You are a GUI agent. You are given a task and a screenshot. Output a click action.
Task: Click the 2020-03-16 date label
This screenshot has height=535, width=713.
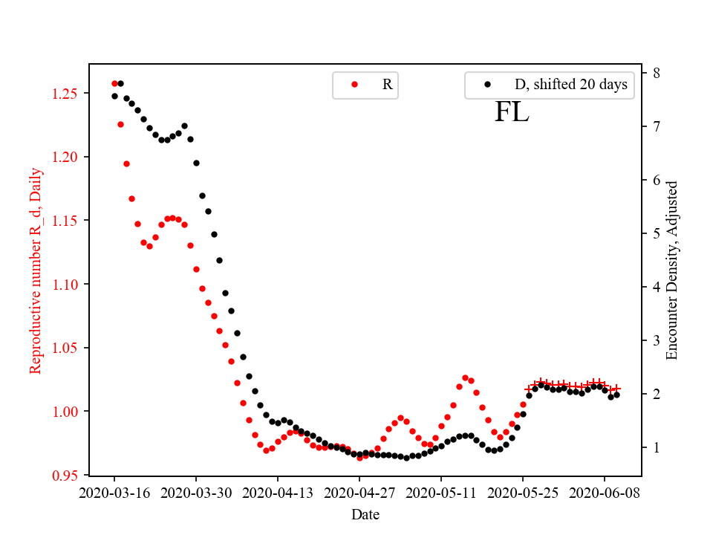(x=114, y=492)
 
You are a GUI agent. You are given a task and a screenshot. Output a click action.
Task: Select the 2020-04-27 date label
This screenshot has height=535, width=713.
(x=359, y=492)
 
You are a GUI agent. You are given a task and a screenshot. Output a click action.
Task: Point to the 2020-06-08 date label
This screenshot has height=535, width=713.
(x=604, y=492)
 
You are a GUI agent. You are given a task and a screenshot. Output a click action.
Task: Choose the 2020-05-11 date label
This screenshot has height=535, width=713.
(x=441, y=492)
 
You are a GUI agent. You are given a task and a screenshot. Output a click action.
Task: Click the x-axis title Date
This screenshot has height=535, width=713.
(x=365, y=513)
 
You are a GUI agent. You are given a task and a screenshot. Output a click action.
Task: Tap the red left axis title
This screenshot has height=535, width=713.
(x=36, y=270)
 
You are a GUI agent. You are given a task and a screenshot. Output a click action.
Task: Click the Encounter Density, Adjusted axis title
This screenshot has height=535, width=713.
(x=672, y=270)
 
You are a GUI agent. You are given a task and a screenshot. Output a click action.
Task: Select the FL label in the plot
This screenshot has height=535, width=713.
(x=512, y=112)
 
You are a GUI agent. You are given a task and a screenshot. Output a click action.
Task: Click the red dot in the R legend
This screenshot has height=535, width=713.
(x=354, y=85)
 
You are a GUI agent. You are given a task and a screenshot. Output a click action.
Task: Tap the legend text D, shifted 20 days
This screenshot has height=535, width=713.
(x=570, y=85)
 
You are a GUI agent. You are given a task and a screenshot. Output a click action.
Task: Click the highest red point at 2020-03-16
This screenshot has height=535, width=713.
(x=114, y=83)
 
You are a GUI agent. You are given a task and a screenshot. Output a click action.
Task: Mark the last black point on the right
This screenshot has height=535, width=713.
(x=616, y=395)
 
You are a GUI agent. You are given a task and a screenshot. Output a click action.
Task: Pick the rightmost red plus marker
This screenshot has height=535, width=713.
(x=616, y=389)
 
